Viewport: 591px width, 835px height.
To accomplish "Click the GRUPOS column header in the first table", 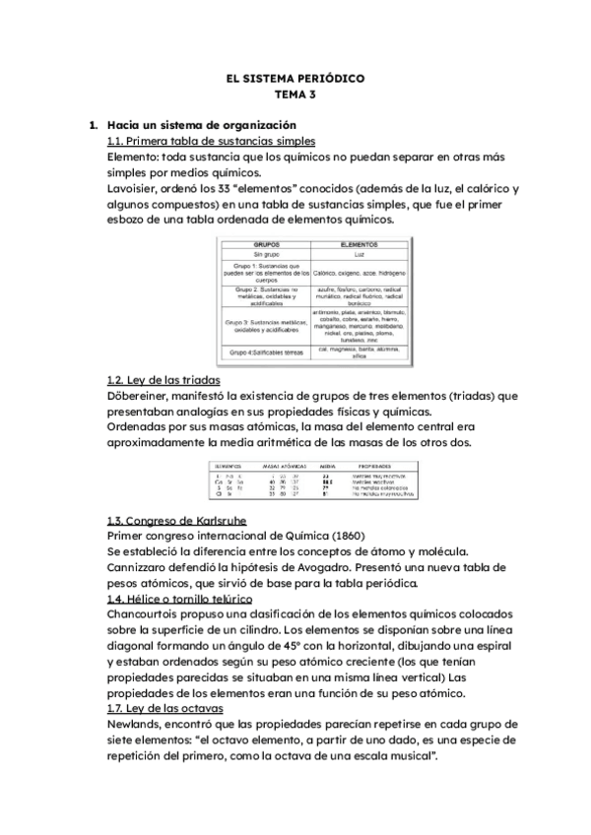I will coord(268,243).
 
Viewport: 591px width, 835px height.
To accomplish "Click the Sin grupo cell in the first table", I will coord(268,254).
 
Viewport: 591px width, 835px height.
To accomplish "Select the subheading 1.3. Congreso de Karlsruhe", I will coord(176,520).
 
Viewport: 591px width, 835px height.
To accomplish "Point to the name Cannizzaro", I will coord(139,566).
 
